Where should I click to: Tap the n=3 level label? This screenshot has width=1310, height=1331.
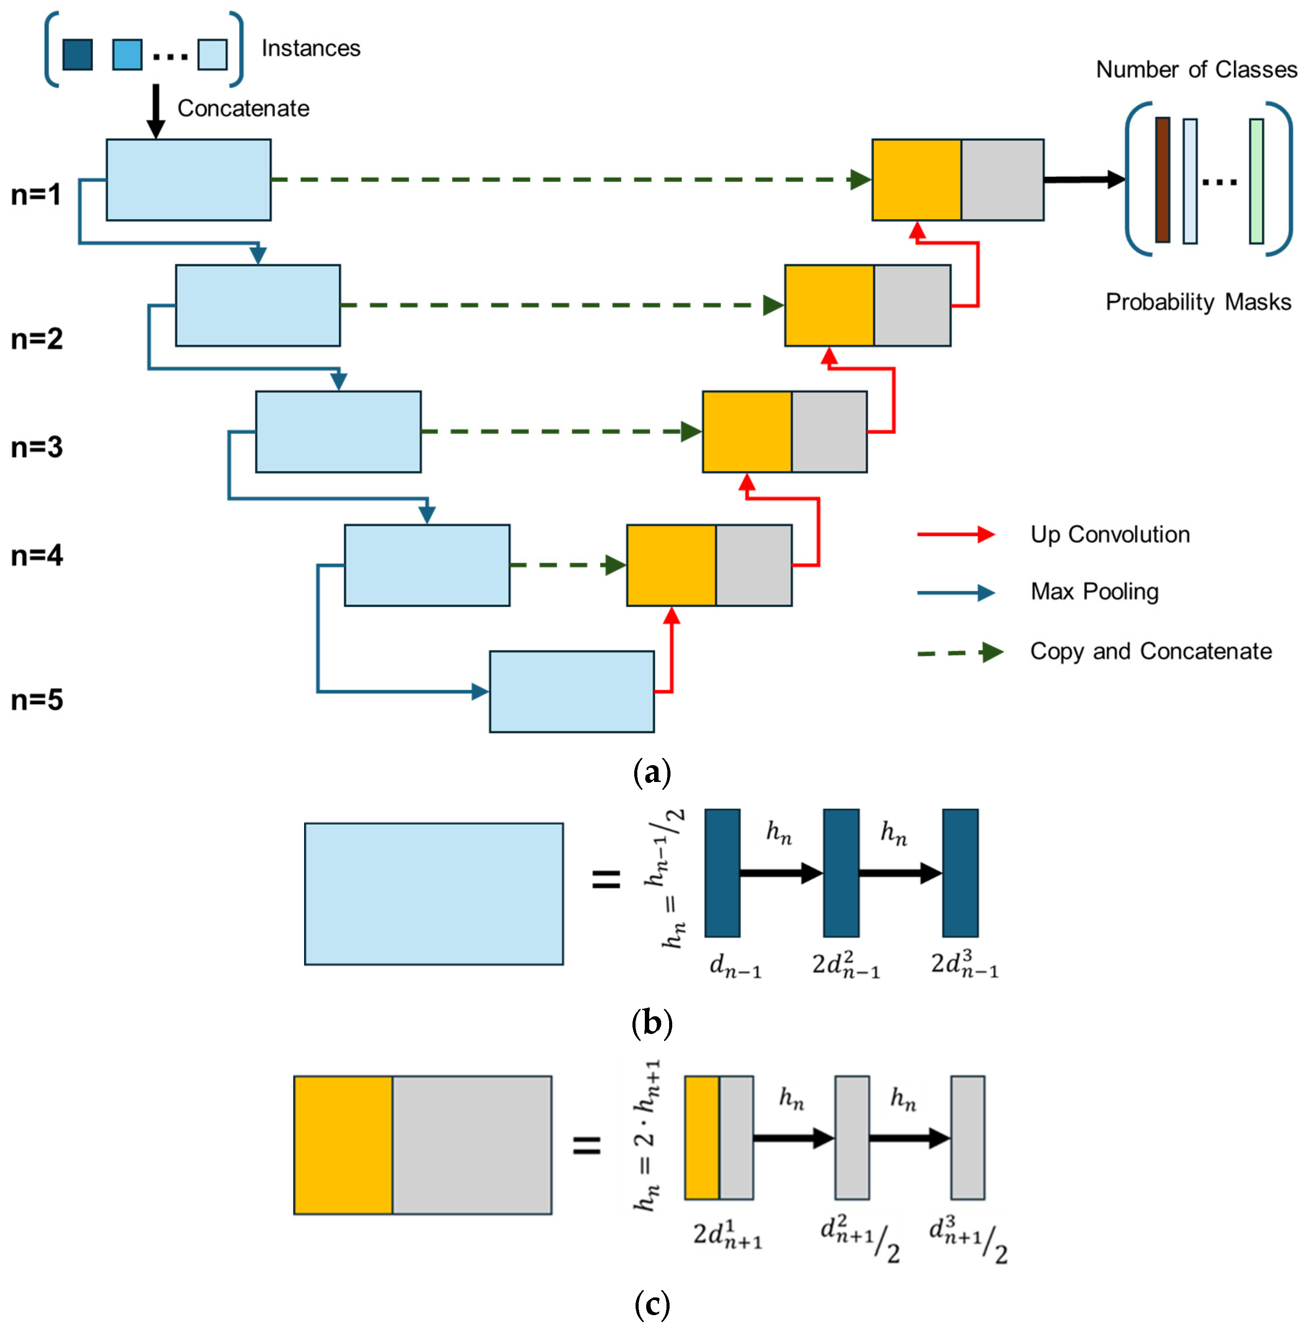(37, 447)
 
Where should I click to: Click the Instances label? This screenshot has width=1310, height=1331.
(311, 48)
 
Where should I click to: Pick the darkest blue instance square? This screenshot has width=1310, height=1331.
(78, 54)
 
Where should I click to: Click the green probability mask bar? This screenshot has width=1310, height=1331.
(1257, 181)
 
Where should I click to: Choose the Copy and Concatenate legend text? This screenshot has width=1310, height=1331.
(1151, 651)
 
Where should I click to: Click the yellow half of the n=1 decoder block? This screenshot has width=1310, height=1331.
(917, 179)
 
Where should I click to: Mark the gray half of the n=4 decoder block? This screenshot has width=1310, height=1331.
(754, 565)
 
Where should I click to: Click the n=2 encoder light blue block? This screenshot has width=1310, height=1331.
(258, 305)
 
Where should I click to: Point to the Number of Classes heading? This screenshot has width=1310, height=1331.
(1196, 69)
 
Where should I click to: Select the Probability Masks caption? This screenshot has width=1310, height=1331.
(1198, 302)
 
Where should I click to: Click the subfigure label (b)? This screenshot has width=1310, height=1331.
(651, 1023)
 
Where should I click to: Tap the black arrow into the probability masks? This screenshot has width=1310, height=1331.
(1084, 179)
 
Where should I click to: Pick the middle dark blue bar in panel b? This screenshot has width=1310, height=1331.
(841, 873)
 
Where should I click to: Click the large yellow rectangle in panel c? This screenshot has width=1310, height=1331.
(343, 1145)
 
